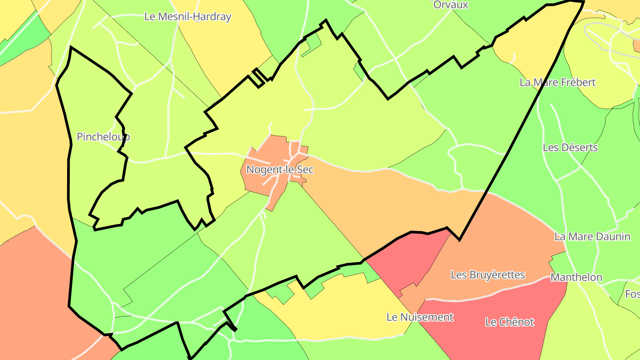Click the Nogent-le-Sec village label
pyautogui.click(x=280, y=170)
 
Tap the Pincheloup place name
pyautogui.click(x=103, y=137)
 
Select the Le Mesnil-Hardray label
pyautogui.click(x=188, y=17)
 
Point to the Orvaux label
pyautogui.click(x=451, y=5)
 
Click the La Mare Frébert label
pyautogui.click(x=557, y=83)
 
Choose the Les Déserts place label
pyautogui.click(x=570, y=148)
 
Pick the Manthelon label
pyautogui.click(x=576, y=277)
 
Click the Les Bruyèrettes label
pyautogui.click(x=488, y=275)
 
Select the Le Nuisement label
pyautogui.click(x=420, y=317)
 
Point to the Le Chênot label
pyautogui.click(x=509, y=322)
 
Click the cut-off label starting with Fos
pyautogui.click(x=632, y=294)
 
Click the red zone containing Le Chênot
pyautogui.click(x=498, y=338)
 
